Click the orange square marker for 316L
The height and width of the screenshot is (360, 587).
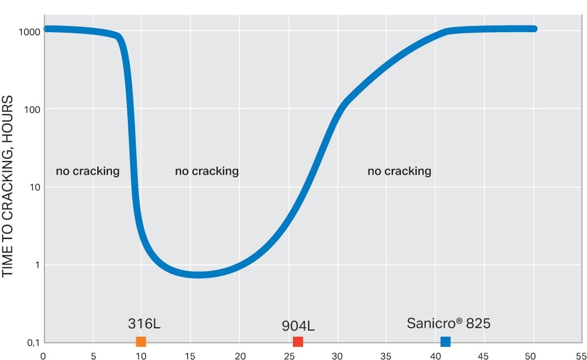point(141,341)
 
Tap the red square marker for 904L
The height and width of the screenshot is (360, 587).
point(298,341)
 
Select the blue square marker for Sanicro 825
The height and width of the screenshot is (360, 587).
point(446,341)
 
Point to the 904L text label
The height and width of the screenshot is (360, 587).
point(298,326)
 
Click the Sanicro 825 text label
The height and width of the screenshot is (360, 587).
point(448,323)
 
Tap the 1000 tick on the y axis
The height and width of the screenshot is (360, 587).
point(28,32)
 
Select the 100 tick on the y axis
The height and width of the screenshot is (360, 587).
point(32,109)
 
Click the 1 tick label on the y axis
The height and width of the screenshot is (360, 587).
point(37,265)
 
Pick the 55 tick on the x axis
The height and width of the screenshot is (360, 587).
point(581,356)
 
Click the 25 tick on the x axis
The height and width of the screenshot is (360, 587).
point(289,356)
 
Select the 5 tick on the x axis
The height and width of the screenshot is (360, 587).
point(93,356)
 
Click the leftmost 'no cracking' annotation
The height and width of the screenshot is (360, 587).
point(88,171)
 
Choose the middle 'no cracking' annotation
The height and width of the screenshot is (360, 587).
point(207,171)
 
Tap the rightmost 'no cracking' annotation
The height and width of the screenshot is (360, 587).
point(399,171)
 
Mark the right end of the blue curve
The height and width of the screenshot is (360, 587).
point(534,28)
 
